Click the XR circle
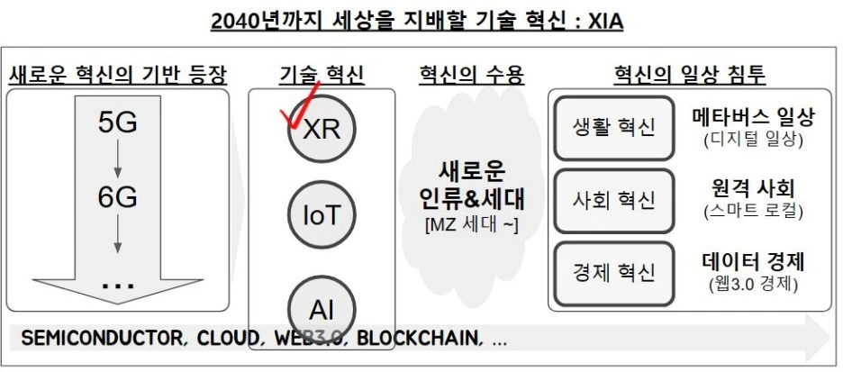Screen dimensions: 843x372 [322, 130]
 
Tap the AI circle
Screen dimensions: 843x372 [322, 308]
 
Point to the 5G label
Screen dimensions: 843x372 [117, 122]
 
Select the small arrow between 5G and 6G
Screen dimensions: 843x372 [117, 160]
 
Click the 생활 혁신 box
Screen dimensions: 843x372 [615, 128]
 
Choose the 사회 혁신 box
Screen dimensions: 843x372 [615, 199]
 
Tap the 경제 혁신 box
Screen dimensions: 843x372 [615, 272]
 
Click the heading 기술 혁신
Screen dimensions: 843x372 [322, 75]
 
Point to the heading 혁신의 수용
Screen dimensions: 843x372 [472, 75]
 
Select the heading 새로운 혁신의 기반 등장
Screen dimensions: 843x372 [117, 75]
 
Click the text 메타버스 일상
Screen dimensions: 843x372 [754, 117]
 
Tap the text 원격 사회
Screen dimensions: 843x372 [754, 189]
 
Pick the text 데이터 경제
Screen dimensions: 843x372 [754, 262]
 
